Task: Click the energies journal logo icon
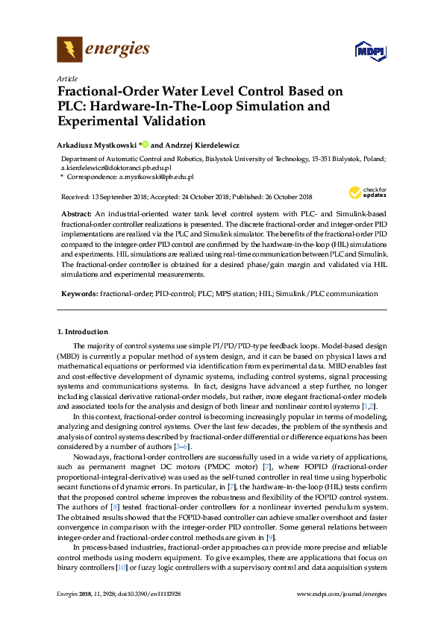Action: (69, 51)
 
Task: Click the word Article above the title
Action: (67, 78)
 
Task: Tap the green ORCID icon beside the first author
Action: (145, 145)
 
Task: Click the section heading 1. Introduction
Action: (83, 331)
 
